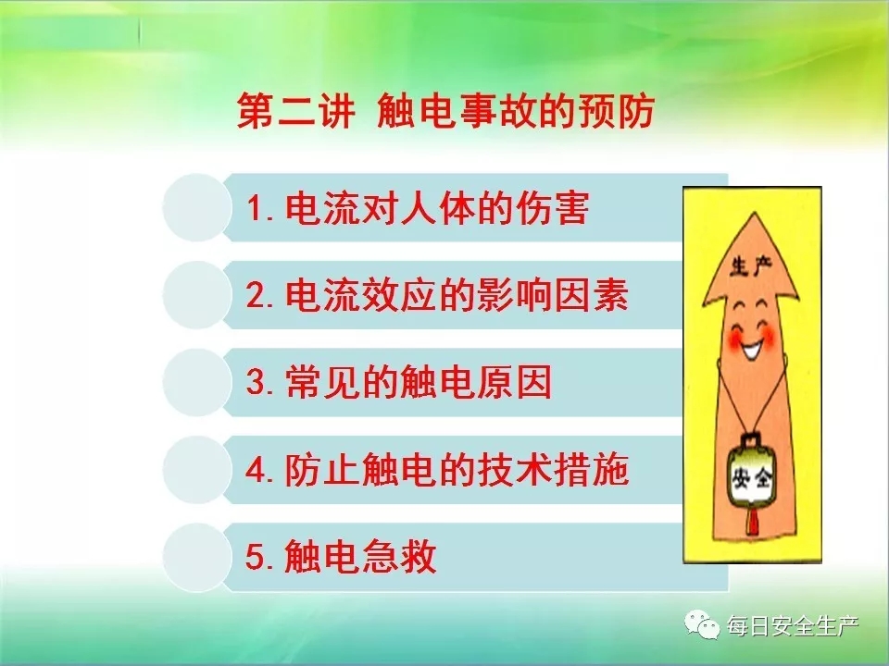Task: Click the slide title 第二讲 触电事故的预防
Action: pos(445,110)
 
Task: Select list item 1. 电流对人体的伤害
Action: pos(418,208)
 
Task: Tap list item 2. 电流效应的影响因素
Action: pos(437,296)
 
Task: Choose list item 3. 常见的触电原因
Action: pos(398,382)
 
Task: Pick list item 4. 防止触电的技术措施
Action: pos(437,470)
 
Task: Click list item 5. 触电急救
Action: pos(341,557)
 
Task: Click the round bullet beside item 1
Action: pos(197,208)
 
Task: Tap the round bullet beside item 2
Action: pos(197,295)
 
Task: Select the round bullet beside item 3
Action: pos(197,382)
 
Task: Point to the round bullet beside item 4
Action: pos(197,470)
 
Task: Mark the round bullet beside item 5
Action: pos(197,557)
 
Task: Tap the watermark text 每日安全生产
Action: pos(794,626)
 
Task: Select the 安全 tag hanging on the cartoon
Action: pos(752,478)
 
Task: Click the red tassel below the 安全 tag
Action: pos(753,522)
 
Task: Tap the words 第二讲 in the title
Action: pos(296,110)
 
